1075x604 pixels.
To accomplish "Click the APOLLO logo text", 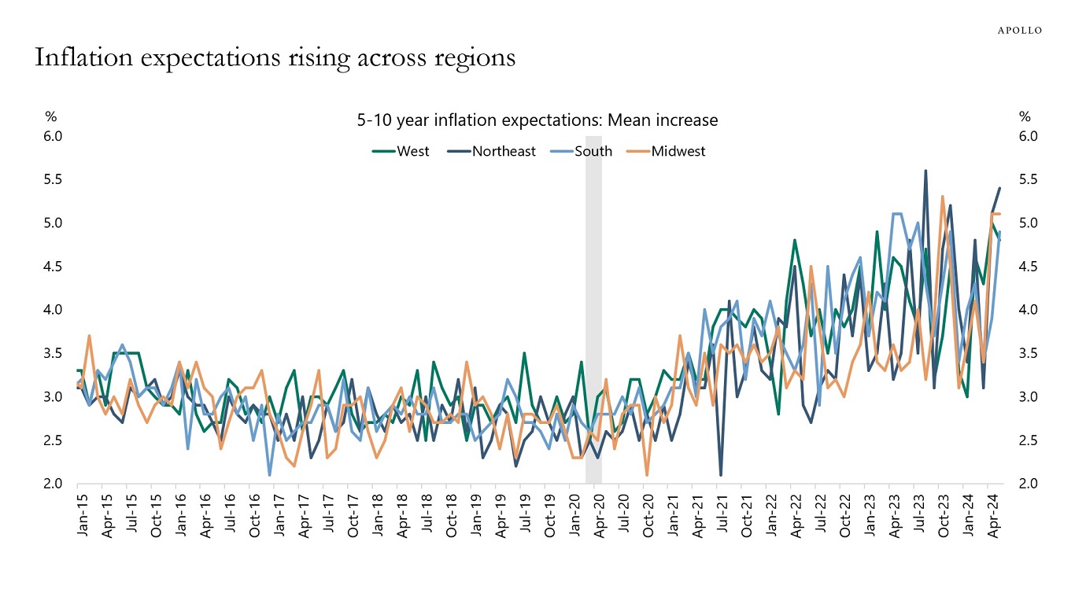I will coord(1020,30).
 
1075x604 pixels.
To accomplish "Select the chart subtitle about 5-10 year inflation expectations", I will coord(537,120).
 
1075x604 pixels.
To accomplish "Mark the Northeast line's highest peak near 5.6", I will coord(925,171).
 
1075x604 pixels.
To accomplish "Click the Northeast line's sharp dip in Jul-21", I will coord(721,474).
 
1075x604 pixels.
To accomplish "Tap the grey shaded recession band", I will coord(593,315).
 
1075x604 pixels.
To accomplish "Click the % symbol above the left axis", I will coord(50,116).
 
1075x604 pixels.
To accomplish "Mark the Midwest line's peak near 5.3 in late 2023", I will coord(942,197).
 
